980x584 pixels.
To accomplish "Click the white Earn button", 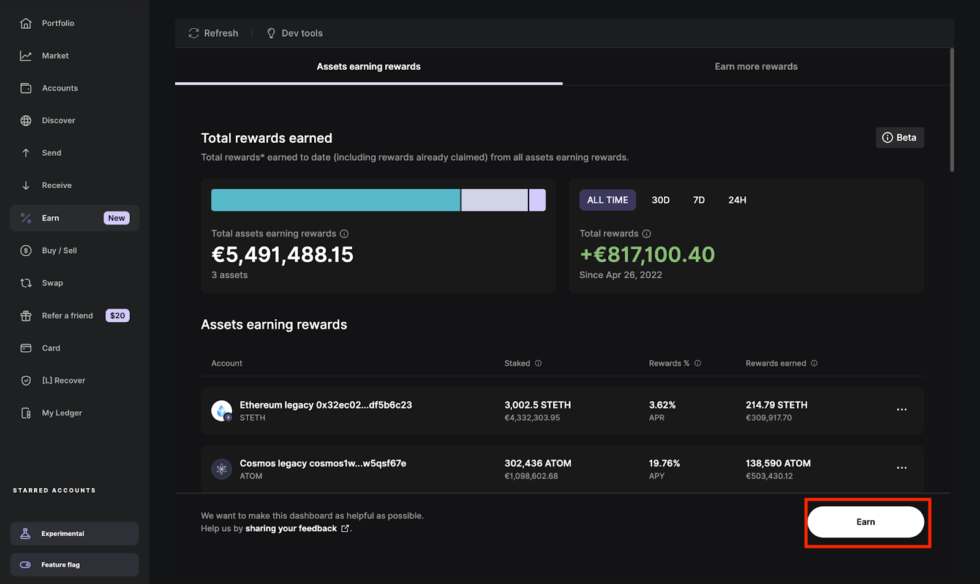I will click(865, 522).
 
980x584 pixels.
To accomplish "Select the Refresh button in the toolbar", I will click(213, 33).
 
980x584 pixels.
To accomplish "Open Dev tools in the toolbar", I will click(295, 33).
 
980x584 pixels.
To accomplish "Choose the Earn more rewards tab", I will click(756, 67).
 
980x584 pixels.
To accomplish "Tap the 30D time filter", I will click(660, 200).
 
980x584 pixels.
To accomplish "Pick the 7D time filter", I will click(699, 200).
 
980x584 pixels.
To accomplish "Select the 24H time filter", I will click(737, 200).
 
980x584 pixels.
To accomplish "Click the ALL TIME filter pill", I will click(608, 200).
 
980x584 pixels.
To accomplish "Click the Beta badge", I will click(899, 138).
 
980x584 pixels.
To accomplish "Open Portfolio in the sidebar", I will click(58, 23).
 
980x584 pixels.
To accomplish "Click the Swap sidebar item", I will click(52, 283).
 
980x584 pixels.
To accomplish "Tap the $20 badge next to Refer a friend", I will click(117, 316).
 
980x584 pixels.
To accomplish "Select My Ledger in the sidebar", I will click(61, 413).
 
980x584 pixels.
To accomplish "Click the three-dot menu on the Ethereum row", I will click(902, 409).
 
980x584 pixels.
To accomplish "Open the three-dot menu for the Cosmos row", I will click(902, 468).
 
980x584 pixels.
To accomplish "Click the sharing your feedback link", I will click(292, 529).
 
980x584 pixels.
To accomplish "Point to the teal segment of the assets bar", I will click(336, 200).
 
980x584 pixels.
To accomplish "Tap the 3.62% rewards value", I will click(662, 405).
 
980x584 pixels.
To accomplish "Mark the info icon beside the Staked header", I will click(538, 363).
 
